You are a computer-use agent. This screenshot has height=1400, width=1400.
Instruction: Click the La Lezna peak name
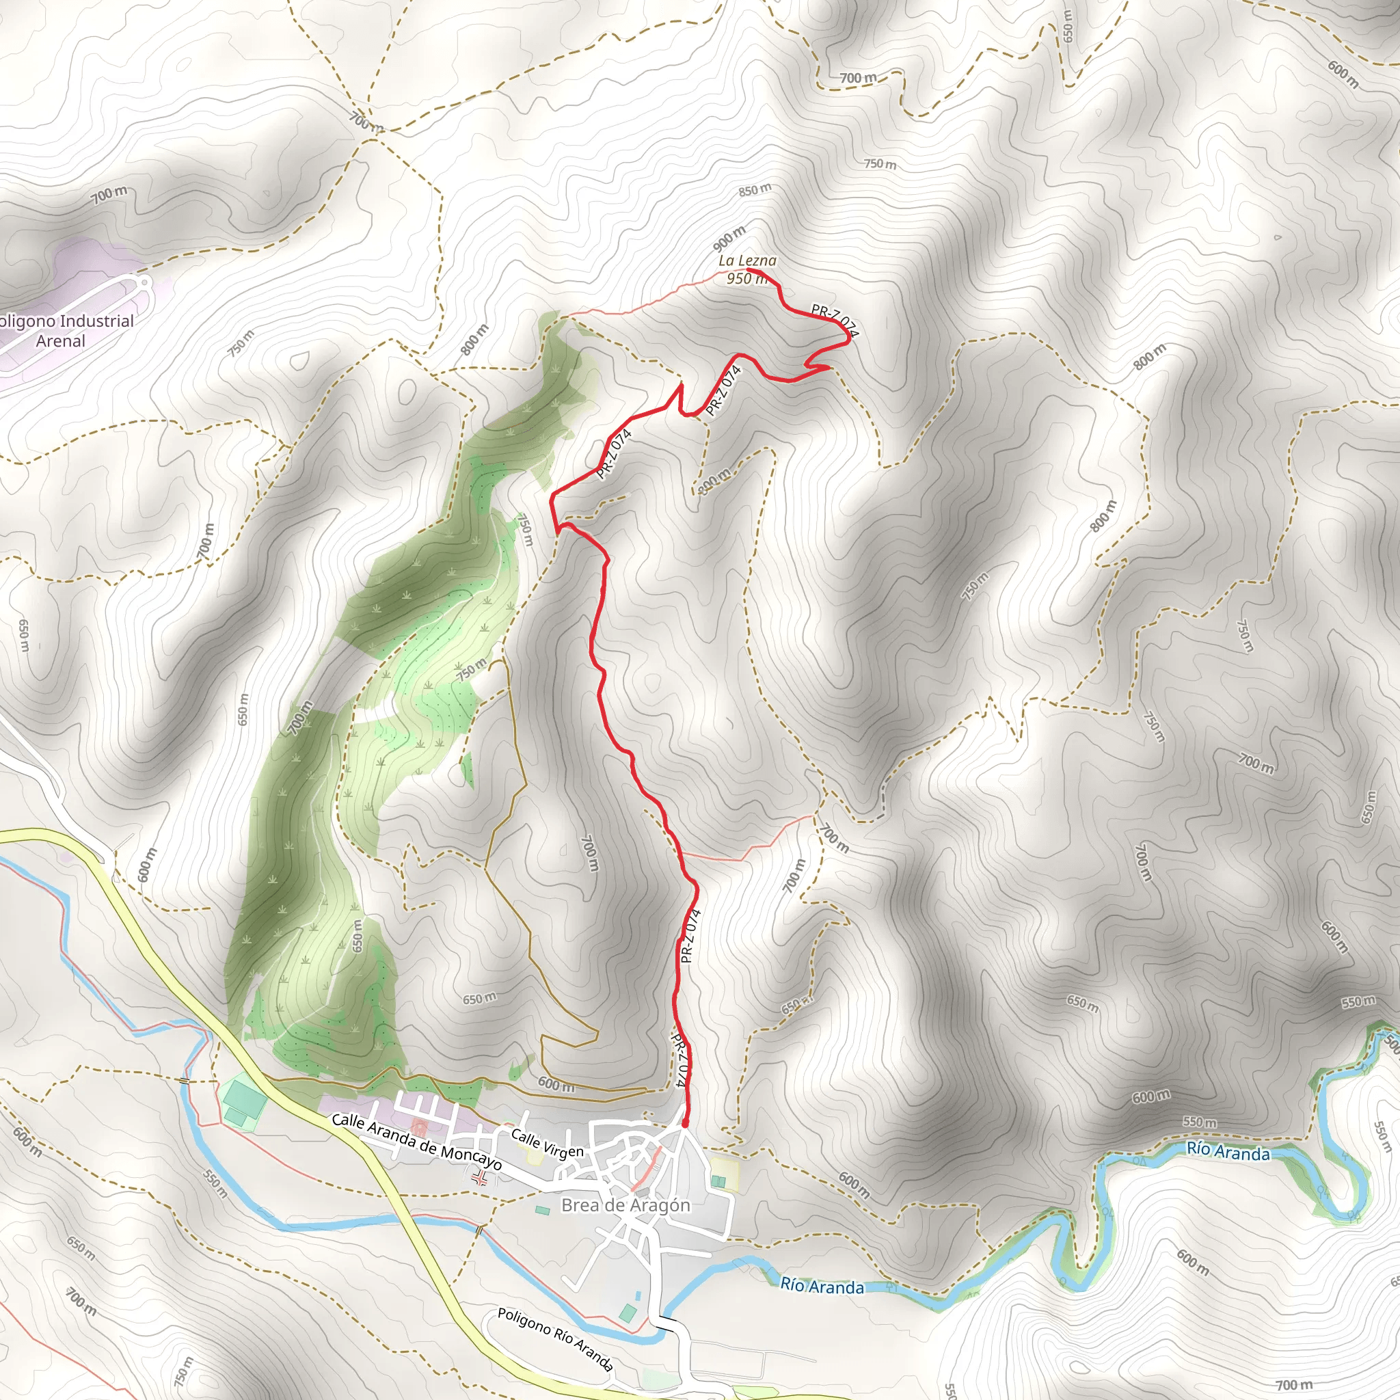[x=747, y=260]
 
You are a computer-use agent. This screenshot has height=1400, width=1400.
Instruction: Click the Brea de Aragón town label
[x=626, y=1205]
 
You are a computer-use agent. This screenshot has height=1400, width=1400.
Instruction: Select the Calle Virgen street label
[x=547, y=1144]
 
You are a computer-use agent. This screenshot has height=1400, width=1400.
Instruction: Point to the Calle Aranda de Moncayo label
[x=417, y=1145]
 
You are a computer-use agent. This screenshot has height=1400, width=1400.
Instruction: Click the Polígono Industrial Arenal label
[x=64, y=330]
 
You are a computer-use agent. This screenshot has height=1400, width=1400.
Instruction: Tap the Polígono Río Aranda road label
[x=555, y=1340]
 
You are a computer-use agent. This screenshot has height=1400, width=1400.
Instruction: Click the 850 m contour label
[x=755, y=191]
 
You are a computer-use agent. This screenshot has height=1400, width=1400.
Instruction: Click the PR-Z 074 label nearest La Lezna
[x=833, y=321]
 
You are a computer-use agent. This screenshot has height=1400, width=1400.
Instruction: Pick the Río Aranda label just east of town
[x=822, y=1287]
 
